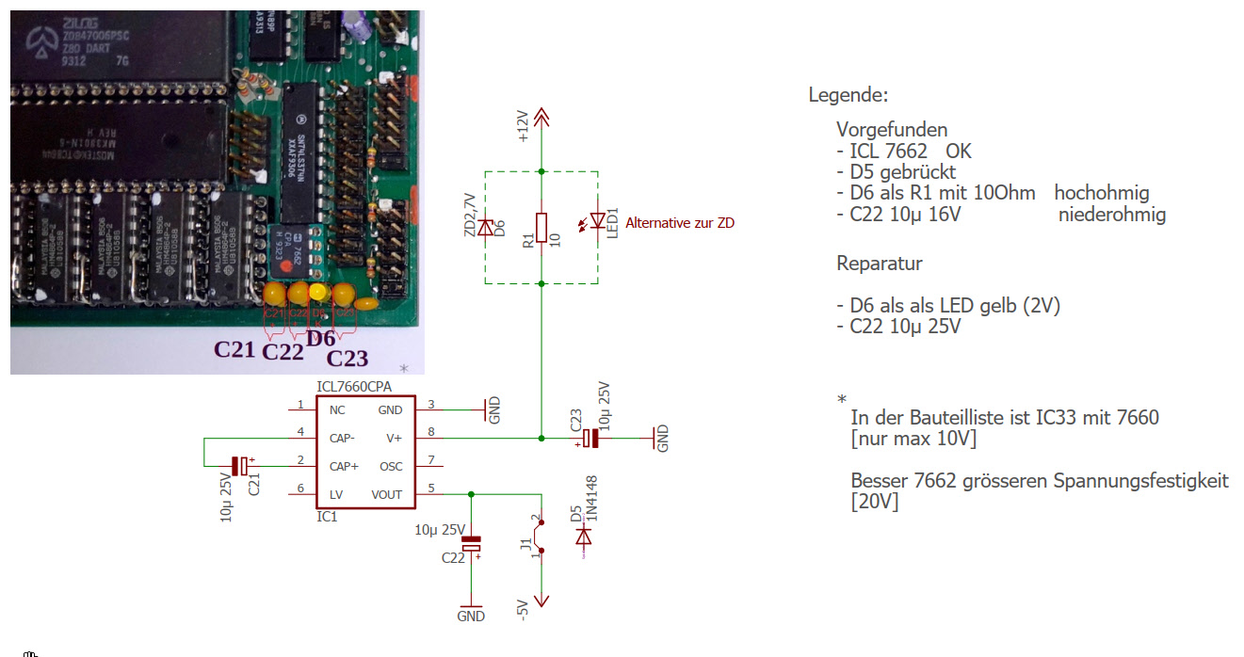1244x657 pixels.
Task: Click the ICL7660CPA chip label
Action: [x=354, y=387]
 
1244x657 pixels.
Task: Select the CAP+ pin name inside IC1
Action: [x=343, y=466]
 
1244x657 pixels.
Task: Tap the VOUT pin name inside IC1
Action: [x=386, y=494]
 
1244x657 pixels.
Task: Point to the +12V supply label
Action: [x=524, y=126]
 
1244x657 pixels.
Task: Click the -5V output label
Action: [x=523, y=610]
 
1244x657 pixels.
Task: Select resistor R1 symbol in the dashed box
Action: [x=541, y=227]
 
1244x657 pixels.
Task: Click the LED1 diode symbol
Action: [x=595, y=220]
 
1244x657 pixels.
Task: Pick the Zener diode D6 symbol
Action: [x=486, y=227]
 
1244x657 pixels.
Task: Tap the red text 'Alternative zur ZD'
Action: [x=679, y=223]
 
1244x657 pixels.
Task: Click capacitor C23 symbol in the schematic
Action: [x=590, y=438]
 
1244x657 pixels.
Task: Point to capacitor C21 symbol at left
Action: [x=239, y=466]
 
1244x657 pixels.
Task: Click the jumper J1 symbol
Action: [x=541, y=537]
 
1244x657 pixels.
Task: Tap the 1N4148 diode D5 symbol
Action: [x=583, y=537]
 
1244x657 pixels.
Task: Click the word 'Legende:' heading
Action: [x=848, y=95]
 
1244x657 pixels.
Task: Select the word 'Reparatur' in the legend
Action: [x=879, y=264]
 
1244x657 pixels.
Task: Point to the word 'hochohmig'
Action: [x=1102, y=193]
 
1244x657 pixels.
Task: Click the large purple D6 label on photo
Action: [x=321, y=337]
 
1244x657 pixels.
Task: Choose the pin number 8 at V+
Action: [x=432, y=432]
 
